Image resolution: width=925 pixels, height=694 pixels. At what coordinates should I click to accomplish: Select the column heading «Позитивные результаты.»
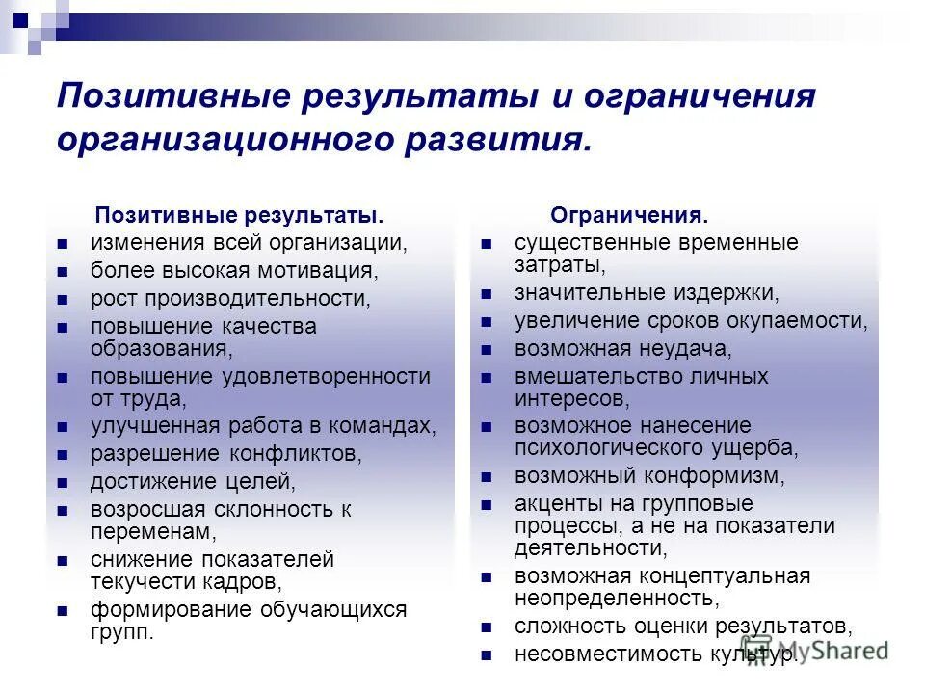[x=231, y=214]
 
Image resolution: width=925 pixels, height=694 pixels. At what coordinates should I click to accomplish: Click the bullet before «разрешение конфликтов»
[x=62, y=453]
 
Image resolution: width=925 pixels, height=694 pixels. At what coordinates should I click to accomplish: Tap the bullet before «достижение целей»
[x=62, y=481]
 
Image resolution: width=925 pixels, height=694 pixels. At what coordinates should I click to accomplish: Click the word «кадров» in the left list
[x=246, y=581]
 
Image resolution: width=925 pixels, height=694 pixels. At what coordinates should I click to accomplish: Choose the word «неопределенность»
[x=616, y=599]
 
